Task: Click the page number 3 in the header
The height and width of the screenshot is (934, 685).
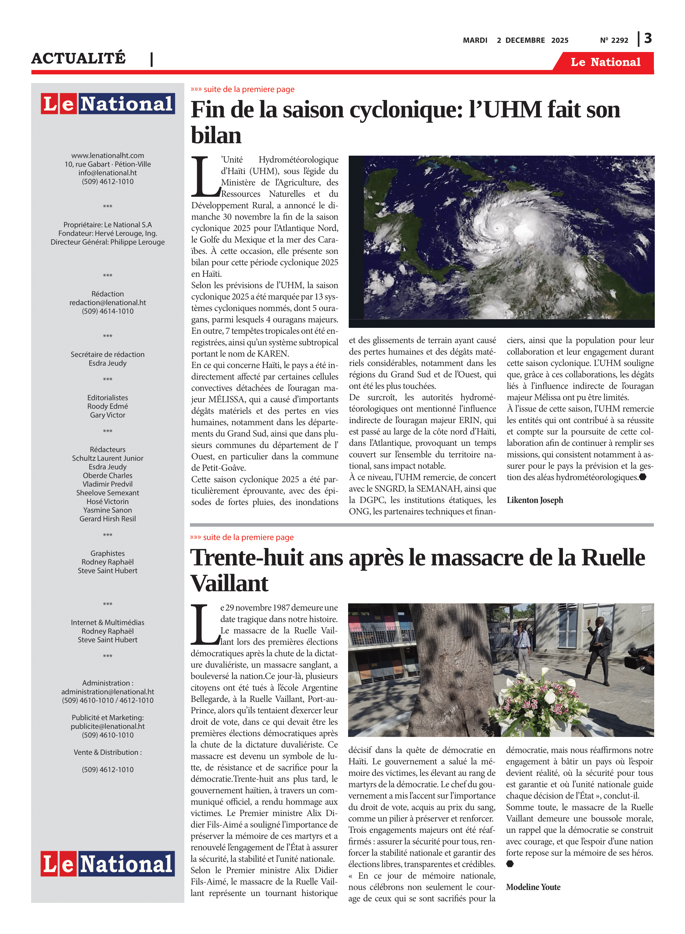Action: point(648,39)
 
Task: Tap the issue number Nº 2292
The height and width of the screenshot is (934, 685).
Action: point(614,40)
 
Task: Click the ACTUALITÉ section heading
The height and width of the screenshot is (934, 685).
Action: point(78,58)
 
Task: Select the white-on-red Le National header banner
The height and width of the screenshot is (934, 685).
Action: point(605,62)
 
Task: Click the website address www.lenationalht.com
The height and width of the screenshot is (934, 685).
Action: point(107,155)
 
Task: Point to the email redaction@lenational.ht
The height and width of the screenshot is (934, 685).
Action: point(107,303)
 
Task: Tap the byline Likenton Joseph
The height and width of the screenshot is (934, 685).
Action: point(535,500)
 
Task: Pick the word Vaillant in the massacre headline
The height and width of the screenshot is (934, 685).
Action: point(229,583)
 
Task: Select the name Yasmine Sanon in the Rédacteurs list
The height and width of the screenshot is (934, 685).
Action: point(107,510)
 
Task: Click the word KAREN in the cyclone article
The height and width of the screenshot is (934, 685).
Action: point(273,354)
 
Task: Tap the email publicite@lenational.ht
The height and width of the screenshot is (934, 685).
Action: point(107,726)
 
